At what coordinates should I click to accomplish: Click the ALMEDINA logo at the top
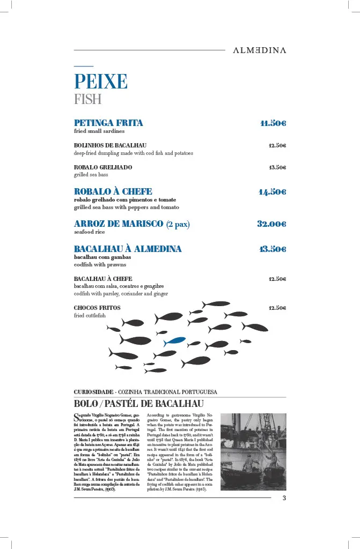[x=259, y=50]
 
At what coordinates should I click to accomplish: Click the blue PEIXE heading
[x=100, y=81]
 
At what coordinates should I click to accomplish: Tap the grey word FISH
[x=87, y=99]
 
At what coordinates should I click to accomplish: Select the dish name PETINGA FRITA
[x=108, y=123]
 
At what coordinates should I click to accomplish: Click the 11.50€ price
[x=273, y=123]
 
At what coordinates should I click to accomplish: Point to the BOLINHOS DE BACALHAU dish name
[x=110, y=145]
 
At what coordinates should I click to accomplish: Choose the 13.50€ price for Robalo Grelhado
[x=277, y=167]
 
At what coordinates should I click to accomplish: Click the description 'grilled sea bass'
[x=91, y=175]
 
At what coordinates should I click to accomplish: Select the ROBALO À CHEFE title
[x=113, y=191]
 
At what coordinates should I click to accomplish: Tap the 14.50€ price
[x=272, y=192]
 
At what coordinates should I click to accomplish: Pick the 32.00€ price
[x=271, y=224]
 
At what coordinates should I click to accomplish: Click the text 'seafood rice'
[x=89, y=232]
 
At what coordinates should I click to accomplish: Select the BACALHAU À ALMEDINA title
[x=128, y=249]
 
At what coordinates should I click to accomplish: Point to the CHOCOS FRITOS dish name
[x=97, y=308]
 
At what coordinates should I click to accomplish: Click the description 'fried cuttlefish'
[x=90, y=316]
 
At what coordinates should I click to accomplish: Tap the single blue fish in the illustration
[x=175, y=341]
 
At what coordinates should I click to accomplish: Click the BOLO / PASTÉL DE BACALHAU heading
[x=138, y=404]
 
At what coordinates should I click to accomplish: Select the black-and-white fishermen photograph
[x=253, y=451]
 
